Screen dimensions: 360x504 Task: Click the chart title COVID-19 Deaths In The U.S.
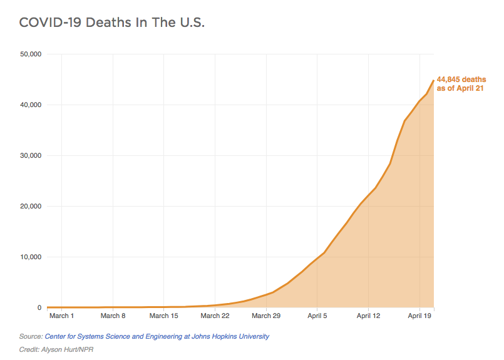coord(112,23)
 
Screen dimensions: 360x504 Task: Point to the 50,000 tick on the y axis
coord(31,54)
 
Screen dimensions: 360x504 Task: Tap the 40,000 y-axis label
coord(31,105)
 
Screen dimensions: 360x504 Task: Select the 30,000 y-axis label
coord(31,155)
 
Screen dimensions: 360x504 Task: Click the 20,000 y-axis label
coord(31,206)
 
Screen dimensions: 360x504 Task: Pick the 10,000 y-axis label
coord(31,257)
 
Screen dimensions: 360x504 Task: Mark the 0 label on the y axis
coord(39,307)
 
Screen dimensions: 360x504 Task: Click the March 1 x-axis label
coord(62,316)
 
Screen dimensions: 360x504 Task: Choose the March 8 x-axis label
coord(113,316)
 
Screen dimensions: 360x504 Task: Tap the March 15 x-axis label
coord(163,316)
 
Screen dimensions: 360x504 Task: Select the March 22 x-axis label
coord(215,316)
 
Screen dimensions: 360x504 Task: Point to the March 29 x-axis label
coord(266,316)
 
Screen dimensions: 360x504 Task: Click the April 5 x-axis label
coord(317,316)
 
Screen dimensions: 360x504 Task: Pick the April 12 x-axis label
coord(368,316)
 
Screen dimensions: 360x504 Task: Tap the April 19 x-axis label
coord(419,316)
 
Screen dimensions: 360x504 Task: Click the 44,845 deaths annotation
coord(461,84)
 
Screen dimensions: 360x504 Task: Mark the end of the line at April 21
coord(434,80)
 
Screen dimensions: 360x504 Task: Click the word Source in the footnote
coord(31,336)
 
